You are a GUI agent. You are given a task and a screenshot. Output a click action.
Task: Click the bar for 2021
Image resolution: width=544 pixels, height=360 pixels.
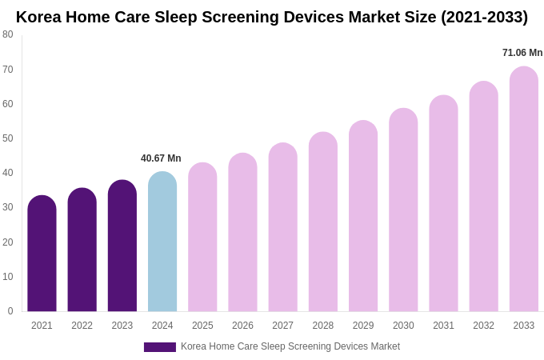(42, 254)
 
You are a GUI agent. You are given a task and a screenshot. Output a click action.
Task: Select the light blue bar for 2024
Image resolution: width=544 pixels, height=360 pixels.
(162, 242)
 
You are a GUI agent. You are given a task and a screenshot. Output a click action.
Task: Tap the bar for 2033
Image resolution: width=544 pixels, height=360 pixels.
(524, 190)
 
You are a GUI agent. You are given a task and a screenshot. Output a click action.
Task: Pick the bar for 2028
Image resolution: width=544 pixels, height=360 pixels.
(323, 222)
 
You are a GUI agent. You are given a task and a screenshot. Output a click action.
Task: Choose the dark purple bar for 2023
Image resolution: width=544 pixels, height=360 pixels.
(122, 246)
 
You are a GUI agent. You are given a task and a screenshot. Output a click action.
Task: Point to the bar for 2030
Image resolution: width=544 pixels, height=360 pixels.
(403, 210)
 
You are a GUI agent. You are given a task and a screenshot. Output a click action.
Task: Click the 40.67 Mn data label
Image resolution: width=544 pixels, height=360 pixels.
(161, 158)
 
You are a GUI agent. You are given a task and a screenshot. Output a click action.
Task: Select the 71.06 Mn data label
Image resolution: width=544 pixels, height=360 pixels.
(522, 53)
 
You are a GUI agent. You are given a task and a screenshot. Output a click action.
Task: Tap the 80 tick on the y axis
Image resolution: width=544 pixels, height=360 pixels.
(8, 34)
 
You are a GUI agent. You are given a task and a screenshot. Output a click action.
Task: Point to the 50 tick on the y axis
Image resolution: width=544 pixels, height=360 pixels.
(8, 138)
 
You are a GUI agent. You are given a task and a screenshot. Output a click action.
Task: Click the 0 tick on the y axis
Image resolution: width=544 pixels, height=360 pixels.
(10, 311)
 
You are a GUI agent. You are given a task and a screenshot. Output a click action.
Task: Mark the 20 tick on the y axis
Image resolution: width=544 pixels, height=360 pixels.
(8, 242)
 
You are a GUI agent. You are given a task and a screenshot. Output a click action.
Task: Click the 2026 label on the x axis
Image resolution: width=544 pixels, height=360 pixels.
(242, 326)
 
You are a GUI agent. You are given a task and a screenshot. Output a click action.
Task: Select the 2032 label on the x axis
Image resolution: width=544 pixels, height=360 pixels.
(483, 326)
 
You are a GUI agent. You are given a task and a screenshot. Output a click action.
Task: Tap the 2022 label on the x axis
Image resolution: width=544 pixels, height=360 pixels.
(82, 326)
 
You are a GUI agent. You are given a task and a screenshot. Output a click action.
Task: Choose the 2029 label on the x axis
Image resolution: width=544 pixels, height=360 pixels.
(363, 326)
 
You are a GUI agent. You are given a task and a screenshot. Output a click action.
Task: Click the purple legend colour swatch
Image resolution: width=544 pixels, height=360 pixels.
(160, 347)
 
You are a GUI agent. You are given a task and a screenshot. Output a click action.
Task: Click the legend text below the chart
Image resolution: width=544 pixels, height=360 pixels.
(290, 346)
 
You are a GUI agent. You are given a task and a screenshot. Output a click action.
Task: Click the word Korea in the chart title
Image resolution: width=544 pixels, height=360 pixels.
(38, 17)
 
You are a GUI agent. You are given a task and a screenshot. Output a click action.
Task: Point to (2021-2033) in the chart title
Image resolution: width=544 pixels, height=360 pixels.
(484, 17)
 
